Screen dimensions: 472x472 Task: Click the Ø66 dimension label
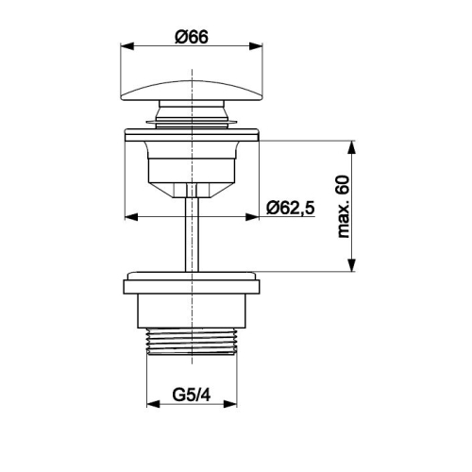point(192,37)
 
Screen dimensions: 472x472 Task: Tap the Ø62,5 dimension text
point(291,208)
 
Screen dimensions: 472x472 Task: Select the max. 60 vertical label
point(344,207)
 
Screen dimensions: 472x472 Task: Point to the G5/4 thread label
point(192,395)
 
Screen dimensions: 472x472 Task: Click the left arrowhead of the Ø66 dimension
point(127,46)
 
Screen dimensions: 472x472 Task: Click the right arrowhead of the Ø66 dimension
point(256,46)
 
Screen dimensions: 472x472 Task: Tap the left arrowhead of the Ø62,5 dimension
point(131,217)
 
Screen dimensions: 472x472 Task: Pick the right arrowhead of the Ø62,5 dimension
point(252,217)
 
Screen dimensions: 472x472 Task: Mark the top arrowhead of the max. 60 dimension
point(352,147)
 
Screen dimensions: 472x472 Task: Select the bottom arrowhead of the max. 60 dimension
point(352,264)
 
